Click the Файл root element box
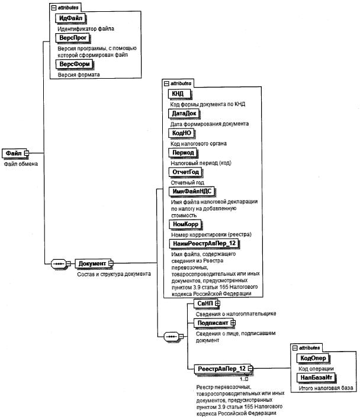point(14,153)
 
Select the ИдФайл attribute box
point(70,18)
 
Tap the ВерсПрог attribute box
point(73,38)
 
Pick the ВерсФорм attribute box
point(74,64)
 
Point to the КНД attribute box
point(179,94)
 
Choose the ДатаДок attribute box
point(184,114)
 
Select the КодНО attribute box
point(182,133)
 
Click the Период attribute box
point(183,153)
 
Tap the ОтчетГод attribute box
point(186,172)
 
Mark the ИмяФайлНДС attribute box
point(192,192)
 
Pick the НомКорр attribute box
point(185,224)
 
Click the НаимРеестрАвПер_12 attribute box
point(204,243)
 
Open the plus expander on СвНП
point(217,303)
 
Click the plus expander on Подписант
point(233,323)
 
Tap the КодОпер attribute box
point(313,359)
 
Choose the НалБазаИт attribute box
point(316,378)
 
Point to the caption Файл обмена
point(21,164)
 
